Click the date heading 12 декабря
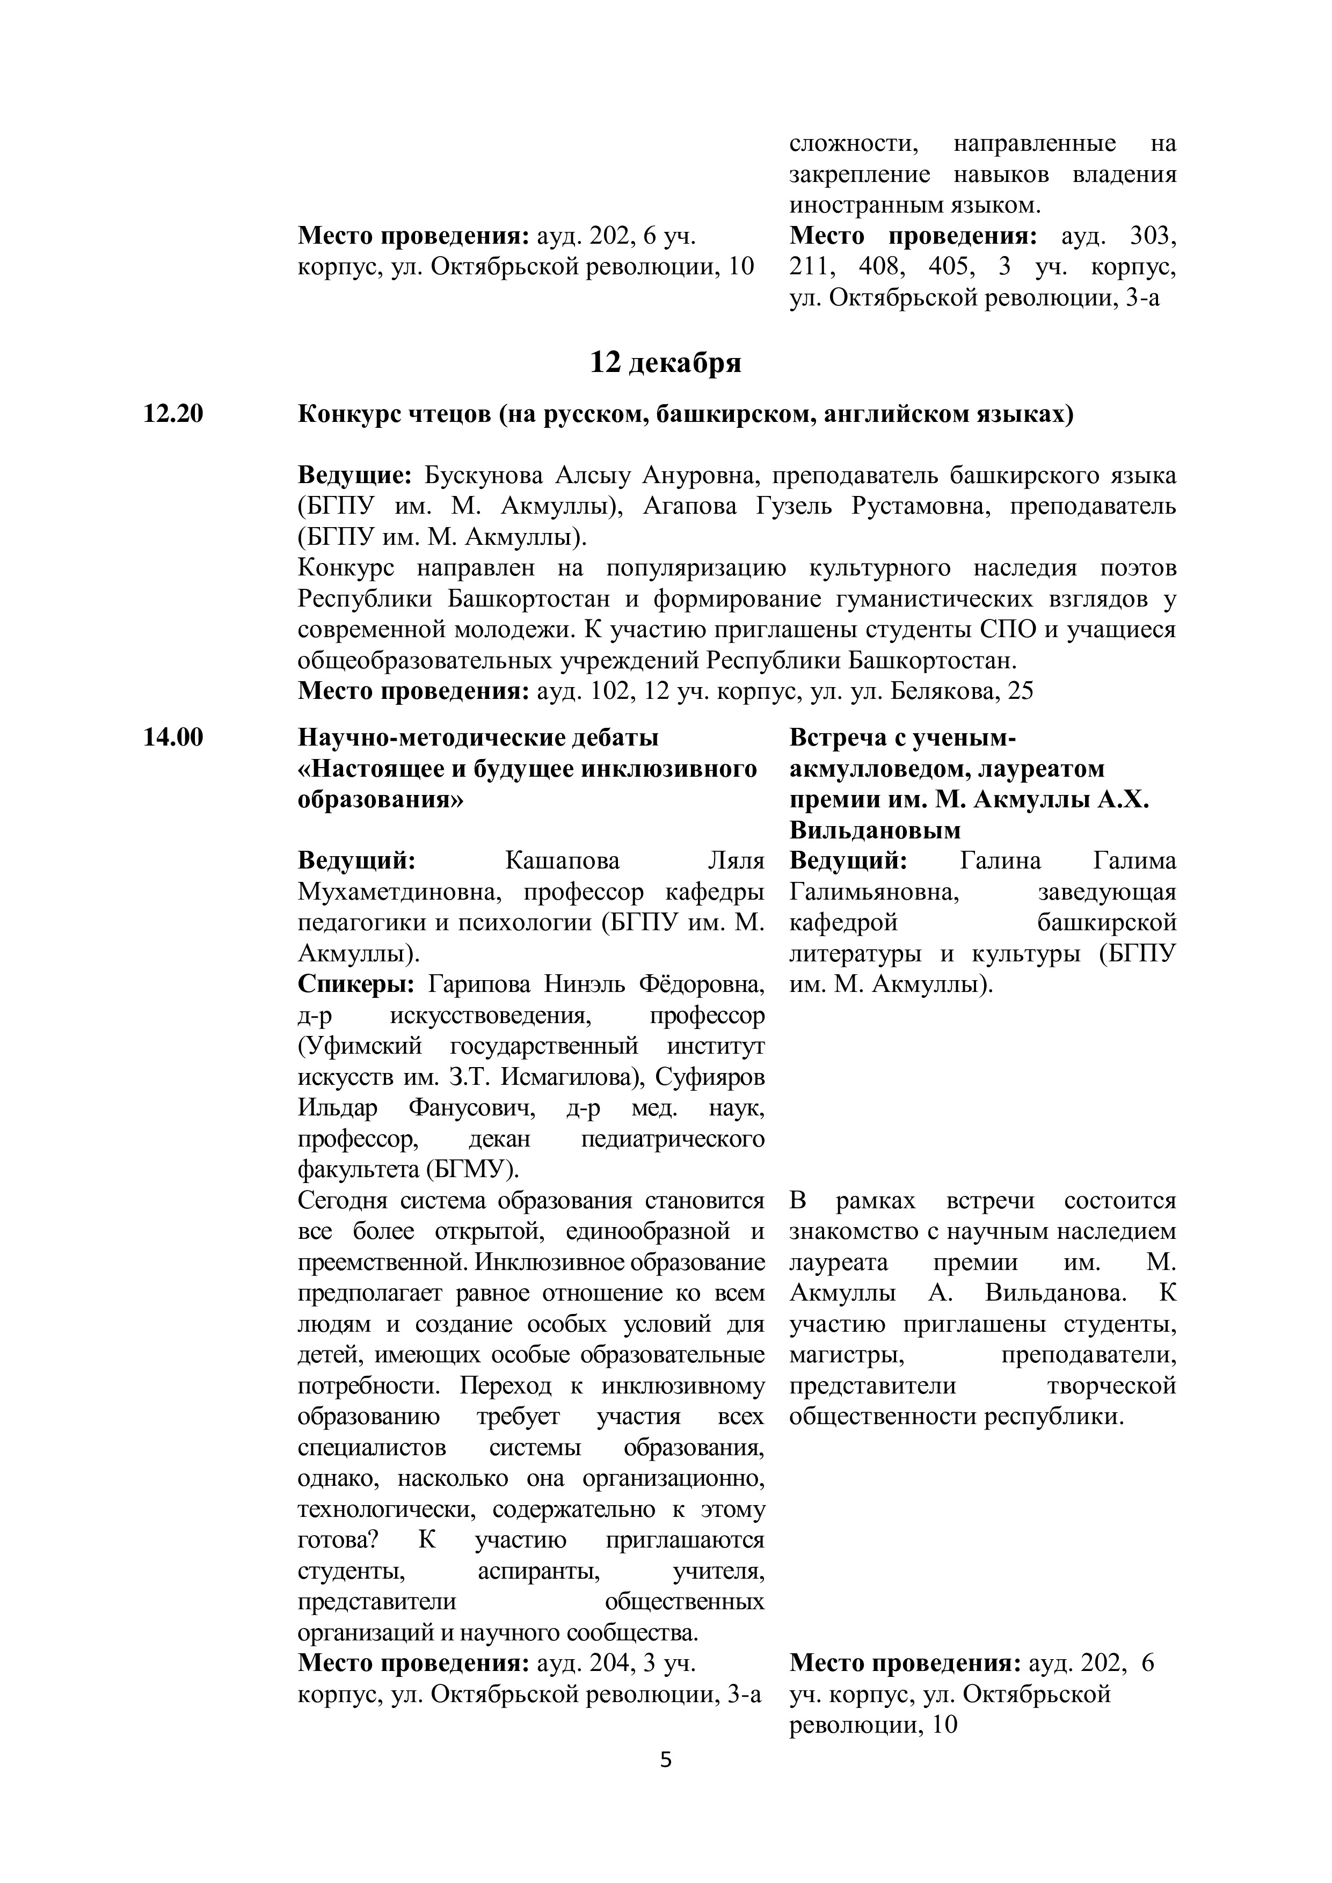665,362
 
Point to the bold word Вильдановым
875,831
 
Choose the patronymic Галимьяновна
875,892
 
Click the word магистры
847,1356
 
